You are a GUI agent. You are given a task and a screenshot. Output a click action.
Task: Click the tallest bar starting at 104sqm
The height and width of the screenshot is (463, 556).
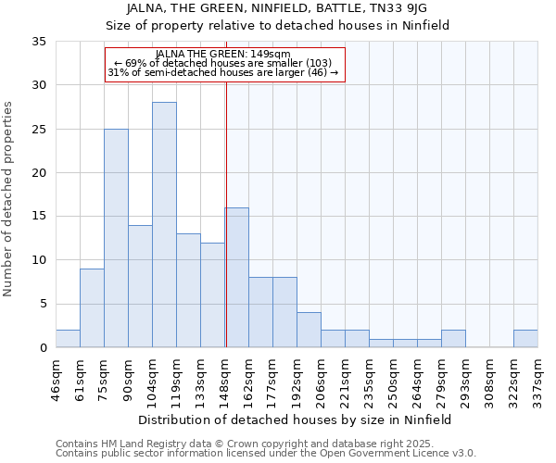(x=164, y=225)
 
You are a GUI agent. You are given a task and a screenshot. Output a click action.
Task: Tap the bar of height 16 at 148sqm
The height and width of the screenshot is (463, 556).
(x=236, y=278)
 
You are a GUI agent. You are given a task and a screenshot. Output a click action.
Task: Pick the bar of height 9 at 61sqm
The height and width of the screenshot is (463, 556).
(x=92, y=308)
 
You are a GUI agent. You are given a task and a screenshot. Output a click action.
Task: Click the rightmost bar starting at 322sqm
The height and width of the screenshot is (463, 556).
(x=525, y=339)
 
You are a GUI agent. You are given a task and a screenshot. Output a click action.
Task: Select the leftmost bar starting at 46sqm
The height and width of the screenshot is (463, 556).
(x=68, y=339)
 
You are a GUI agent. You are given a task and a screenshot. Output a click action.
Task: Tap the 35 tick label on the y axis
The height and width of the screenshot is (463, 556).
(x=38, y=42)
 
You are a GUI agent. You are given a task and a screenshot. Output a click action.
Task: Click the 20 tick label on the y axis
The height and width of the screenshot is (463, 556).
(x=38, y=173)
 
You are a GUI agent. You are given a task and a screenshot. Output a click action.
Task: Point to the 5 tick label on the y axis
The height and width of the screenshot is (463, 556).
(x=42, y=305)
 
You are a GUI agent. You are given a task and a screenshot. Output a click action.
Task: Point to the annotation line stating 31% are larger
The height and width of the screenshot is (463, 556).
(x=223, y=72)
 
